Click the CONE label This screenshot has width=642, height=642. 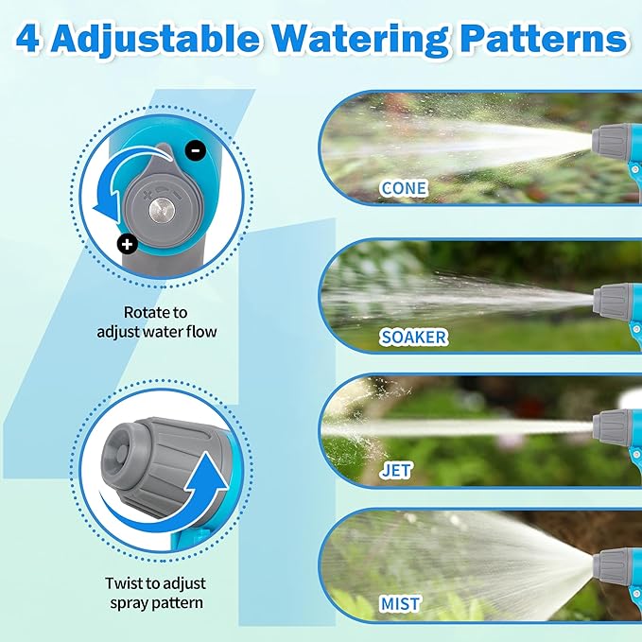point(404,188)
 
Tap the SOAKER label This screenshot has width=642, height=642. point(414,337)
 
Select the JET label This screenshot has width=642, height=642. point(395,470)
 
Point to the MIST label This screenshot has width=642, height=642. point(402,603)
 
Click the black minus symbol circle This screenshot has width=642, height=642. point(195,148)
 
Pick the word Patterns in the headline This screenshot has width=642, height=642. point(545,39)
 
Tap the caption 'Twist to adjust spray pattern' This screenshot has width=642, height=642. point(157,593)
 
